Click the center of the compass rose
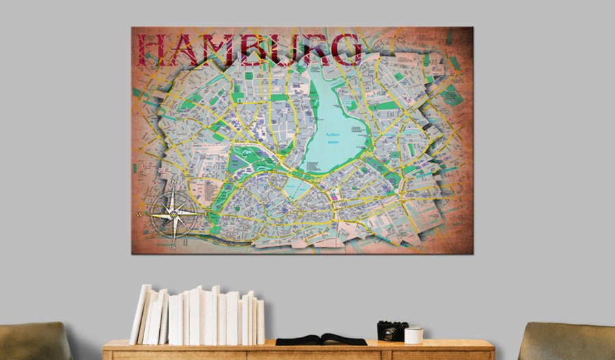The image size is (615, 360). tap(174, 214)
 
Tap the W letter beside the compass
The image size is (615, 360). tap(139, 214)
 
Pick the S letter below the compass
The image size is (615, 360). tap(174, 247)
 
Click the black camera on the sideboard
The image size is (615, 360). tap(392, 331)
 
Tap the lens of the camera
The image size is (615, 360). tap(389, 334)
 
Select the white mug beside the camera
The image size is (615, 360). tap(413, 335)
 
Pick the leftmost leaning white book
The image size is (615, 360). tap(139, 315)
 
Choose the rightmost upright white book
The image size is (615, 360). tap(260, 321)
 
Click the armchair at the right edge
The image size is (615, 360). tap(567, 342)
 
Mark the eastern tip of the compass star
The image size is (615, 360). tap(202, 214)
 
